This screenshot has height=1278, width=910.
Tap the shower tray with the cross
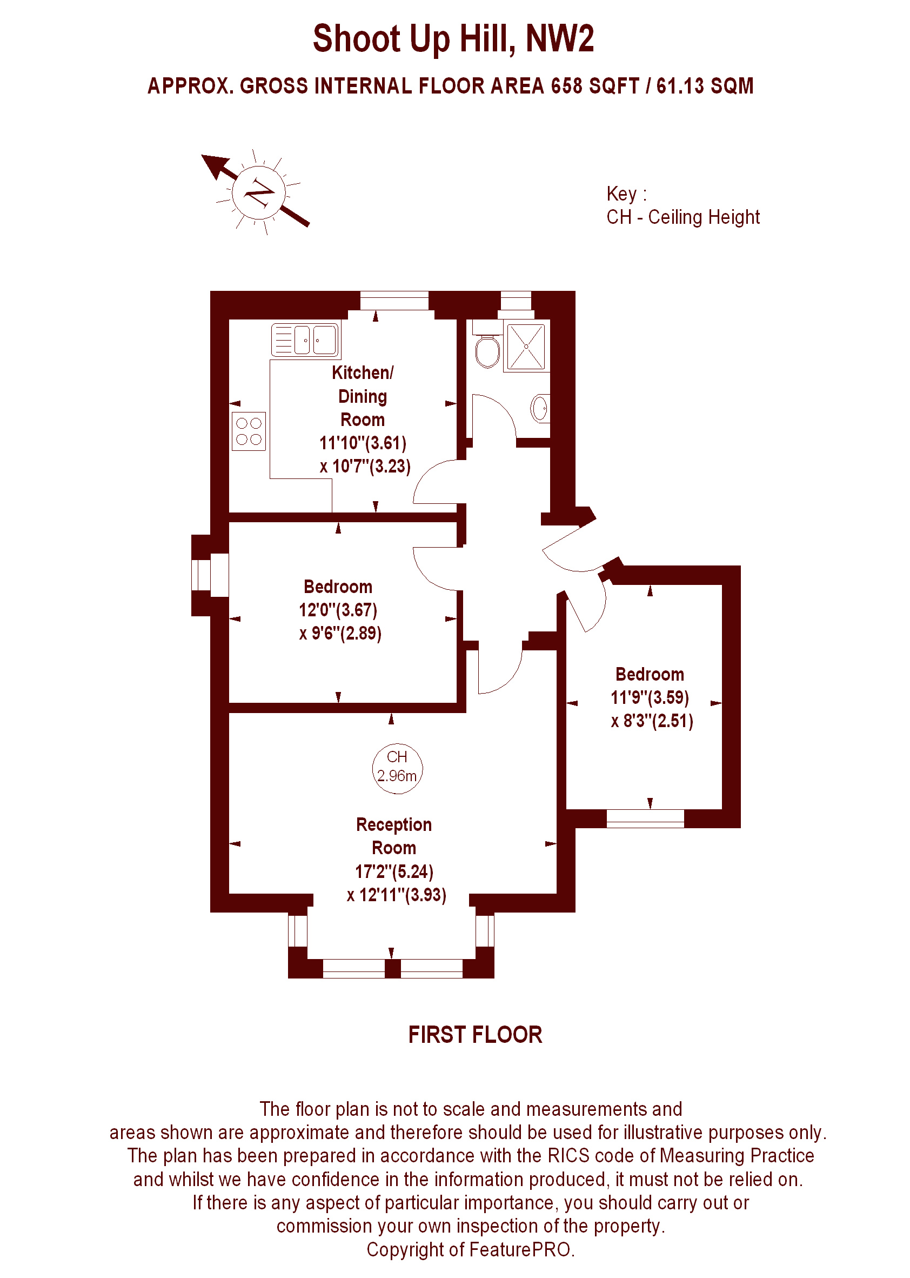pyautogui.click(x=526, y=347)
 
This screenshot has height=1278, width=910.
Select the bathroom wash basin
pyautogui.click(x=540, y=408)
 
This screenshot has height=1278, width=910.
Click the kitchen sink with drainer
pyautogui.click(x=305, y=340)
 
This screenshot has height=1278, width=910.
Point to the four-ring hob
pyautogui.click(x=249, y=431)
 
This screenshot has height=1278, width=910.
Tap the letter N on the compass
pyautogui.click(x=259, y=194)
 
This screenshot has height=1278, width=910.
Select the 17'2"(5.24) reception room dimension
pyautogui.click(x=394, y=871)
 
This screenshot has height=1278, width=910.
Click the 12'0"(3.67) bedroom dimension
pyautogui.click(x=338, y=609)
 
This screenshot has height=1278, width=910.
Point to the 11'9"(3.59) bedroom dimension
pyautogui.click(x=650, y=697)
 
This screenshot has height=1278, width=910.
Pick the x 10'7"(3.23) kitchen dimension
pyautogui.click(x=365, y=466)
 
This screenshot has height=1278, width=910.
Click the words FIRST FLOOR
pyautogui.click(x=475, y=1035)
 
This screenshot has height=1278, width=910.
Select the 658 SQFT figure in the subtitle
pyautogui.click(x=595, y=86)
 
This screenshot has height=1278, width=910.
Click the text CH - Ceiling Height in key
pyautogui.click(x=683, y=217)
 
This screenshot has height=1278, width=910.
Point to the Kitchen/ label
pyautogui.click(x=363, y=373)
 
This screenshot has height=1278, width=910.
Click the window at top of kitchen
pyautogui.click(x=394, y=301)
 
